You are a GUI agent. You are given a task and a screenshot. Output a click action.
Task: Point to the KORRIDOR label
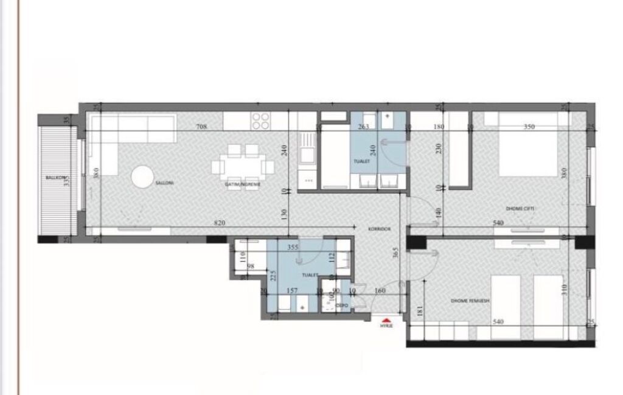click(x=378, y=229)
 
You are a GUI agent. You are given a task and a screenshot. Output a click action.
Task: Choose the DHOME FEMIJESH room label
click(x=470, y=301)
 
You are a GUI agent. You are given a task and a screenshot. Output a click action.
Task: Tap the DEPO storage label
click(x=341, y=305)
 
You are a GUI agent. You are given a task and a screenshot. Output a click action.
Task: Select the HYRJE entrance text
click(x=386, y=326)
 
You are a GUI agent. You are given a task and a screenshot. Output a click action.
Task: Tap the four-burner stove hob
click(x=261, y=121)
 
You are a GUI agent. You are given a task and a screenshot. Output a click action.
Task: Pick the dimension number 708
click(x=202, y=127)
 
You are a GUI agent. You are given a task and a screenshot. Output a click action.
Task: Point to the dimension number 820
click(x=220, y=223)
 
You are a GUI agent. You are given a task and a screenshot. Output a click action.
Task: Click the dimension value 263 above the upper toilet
click(x=364, y=127)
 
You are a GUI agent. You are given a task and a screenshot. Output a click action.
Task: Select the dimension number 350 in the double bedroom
click(x=529, y=127)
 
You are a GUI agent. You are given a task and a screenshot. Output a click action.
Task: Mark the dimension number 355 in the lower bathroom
click(x=292, y=247)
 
